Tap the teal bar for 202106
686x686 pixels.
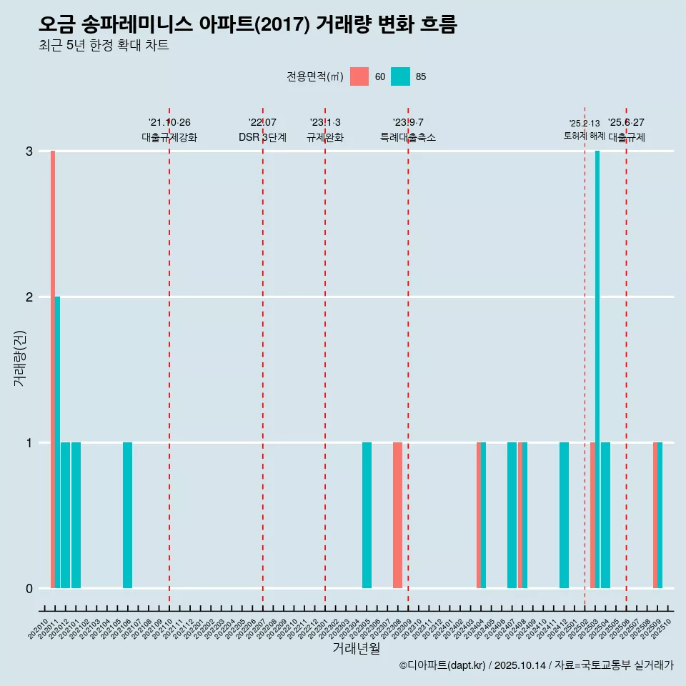click(127, 515)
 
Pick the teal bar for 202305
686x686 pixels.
click(367, 515)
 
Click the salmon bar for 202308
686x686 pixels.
click(397, 515)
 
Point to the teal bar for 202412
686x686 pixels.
click(564, 515)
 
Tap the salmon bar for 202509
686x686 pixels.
click(655, 515)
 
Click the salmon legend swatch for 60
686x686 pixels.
click(359, 76)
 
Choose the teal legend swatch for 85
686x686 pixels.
click(401, 76)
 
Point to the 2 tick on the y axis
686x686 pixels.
click(29, 297)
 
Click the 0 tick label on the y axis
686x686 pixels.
click(29, 588)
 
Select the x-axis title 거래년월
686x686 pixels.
click(356, 648)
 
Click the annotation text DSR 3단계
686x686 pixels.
click(262, 137)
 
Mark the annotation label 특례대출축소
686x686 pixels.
click(407, 137)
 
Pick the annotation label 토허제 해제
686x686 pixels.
click(584, 136)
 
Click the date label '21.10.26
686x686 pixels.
click(169, 122)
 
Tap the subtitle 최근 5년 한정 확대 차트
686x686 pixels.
click(104, 46)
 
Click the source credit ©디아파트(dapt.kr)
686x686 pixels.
click(442, 665)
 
